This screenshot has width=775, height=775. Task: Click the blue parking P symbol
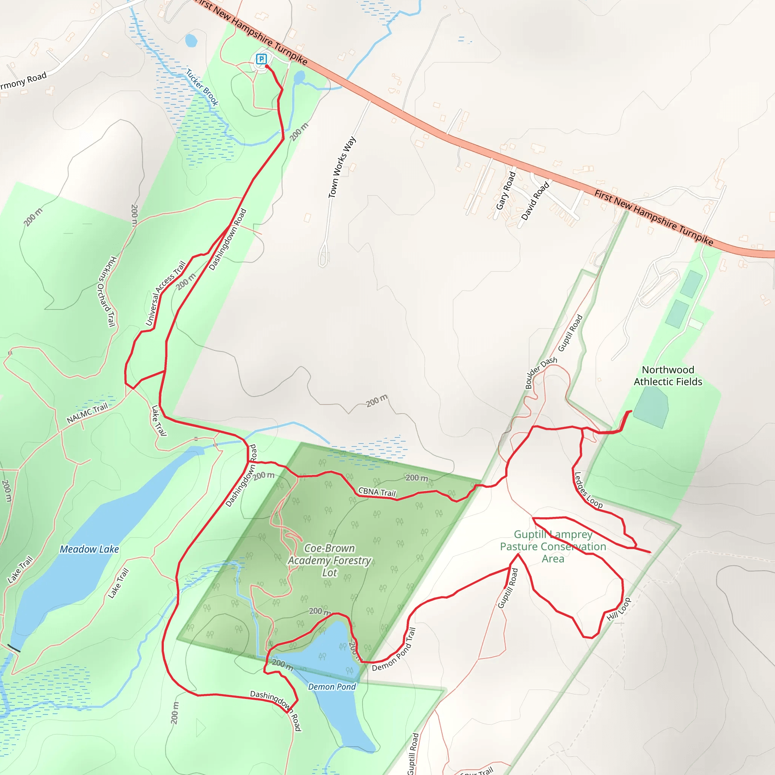pyautogui.click(x=261, y=59)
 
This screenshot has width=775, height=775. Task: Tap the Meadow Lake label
pyautogui.click(x=89, y=549)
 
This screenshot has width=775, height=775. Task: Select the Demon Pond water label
pyautogui.click(x=332, y=687)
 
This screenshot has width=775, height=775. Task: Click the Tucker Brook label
pyautogui.click(x=202, y=87)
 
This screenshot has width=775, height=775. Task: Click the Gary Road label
pyautogui.click(x=506, y=191)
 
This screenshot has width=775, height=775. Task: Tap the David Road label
pyautogui.click(x=535, y=201)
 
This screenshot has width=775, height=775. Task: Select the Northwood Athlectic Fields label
pyautogui.click(x=668, y=375)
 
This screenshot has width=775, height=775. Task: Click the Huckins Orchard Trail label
pyautogui.click(x=107, y=291)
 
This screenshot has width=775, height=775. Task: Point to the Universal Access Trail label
pyautogui.click(x=165, y=293)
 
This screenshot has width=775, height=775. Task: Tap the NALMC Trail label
pyautogui.click(x=87, y=413)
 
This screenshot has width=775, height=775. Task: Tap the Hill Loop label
pyautogui.click(x=619, y=609)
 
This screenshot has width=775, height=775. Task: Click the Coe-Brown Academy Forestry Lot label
pyautogui.click(x=330, y=560)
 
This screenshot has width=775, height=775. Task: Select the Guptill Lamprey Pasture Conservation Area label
pyautogui.click(x=553, y=546)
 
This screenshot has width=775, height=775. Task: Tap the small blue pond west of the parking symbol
pyautogui.click(x=191, y=40)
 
